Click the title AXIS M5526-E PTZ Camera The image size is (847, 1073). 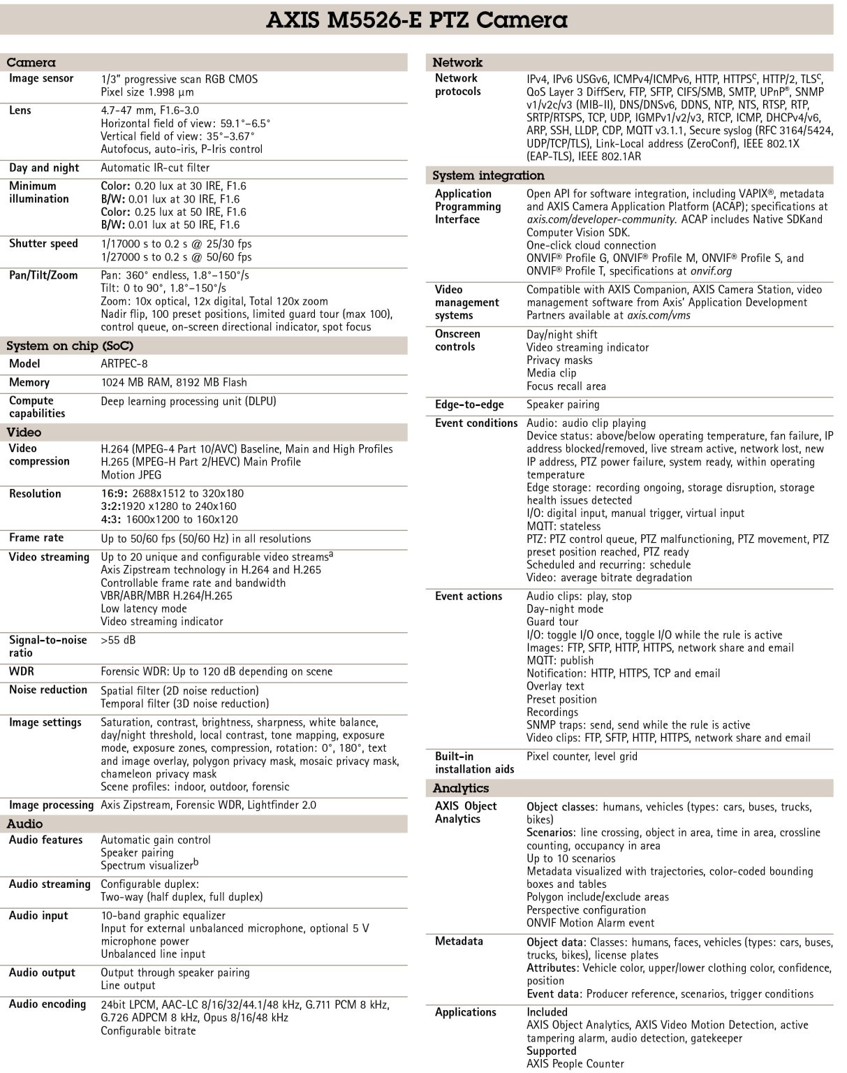(417, 20)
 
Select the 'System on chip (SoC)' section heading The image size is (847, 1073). (70, 346)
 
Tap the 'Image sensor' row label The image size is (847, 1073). (41, 78)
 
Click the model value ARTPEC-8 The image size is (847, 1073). (124, 364)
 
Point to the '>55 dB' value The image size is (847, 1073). (118, 640)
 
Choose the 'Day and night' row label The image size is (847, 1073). (44, 168)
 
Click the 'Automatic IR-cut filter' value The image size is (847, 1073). (155, 168)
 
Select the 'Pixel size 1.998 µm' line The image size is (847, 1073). (147, 92)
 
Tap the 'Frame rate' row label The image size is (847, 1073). (36, 538)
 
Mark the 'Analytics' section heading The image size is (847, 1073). (461, 788)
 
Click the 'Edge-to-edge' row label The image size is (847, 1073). (469, 404)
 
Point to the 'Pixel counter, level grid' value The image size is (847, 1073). (582, 756)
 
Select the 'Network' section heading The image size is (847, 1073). (457, 62)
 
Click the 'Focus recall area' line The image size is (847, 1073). (566, 386)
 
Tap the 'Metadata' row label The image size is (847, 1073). (459, 942)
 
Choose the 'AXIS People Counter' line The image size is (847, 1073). (575, 1064)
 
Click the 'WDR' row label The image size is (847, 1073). (22, 671)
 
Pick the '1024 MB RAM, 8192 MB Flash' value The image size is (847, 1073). (174, 382)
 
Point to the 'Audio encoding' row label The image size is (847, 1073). (47, 1005)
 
